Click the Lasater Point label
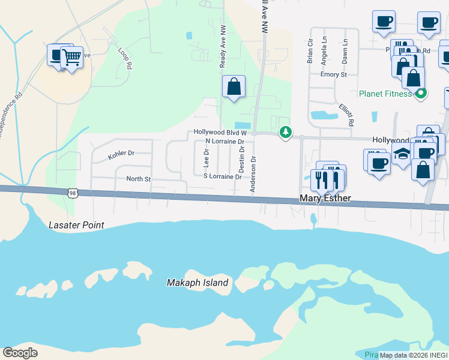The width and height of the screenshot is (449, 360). tap(76, 225)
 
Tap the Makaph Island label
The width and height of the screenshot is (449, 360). tap(197, 283)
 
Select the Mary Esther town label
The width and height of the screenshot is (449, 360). tap(325, 198)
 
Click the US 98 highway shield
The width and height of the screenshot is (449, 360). tap(73, 193)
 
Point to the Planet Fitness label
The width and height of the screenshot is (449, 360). tap(385, 94)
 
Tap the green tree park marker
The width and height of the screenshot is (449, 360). tap(286, 132)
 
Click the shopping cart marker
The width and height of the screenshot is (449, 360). tap(71, 58)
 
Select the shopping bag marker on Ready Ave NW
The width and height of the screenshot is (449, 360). tap(234, 86)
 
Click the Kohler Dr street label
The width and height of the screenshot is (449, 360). tap(121, 155)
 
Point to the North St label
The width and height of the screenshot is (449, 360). tap(138, 179)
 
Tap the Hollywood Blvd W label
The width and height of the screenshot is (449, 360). tap(220, 132)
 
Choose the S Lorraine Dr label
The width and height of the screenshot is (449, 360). tap(222, 176)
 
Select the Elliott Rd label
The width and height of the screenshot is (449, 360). tap(346, 113)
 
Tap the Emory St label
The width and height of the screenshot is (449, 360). tap(334, 74)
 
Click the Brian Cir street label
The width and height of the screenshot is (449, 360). tap(310, 52)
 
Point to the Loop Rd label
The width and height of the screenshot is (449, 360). tap(125, 58)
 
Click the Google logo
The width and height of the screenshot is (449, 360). tap(20, 352)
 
